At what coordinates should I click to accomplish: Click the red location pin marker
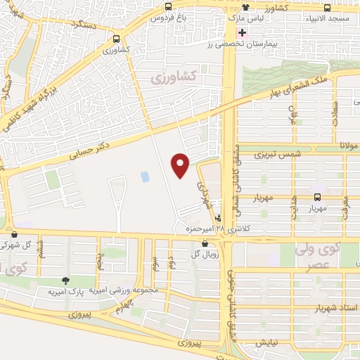[181, 165]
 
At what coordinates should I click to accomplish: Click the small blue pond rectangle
[145, 176]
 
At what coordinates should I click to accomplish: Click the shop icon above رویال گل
[204, 243]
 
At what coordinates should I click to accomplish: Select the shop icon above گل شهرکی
[14, 235]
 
